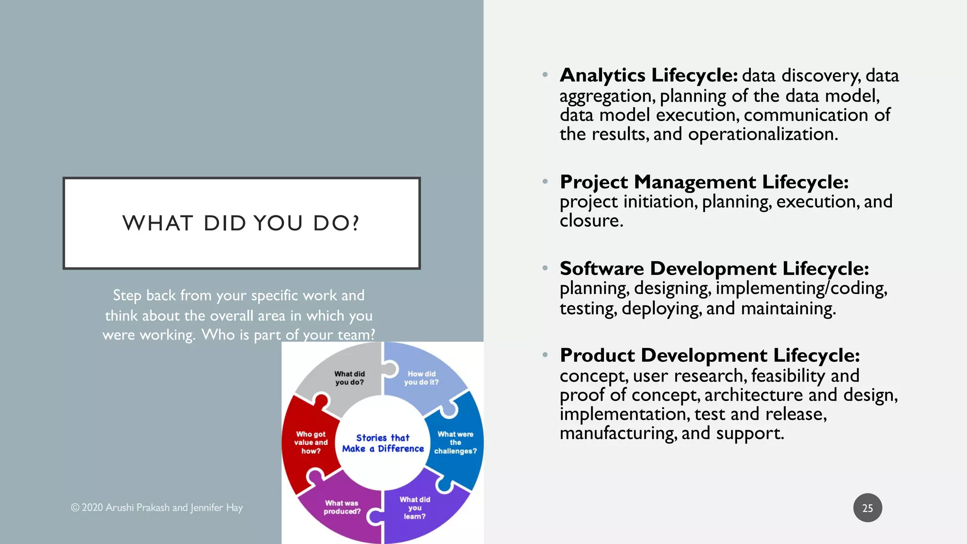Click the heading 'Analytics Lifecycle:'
tap(649, 76)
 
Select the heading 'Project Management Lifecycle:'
tap(704, 182)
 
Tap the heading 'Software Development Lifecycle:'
tap(714, 269)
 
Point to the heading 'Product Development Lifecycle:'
tap(710, 356)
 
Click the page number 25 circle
tap(867, 508)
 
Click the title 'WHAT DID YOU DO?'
tap(241, 223)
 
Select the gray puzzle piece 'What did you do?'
tap(349, 378)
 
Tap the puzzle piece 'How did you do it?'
tap(421, 378)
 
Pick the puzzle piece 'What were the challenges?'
tap(455, 442)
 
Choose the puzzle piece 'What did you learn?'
tap(415, 508)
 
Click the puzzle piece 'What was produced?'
tap(342, 507)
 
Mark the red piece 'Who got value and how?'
tap(311, 442)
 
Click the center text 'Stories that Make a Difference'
tap(383, 443)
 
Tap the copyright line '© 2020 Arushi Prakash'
tap(157, 508)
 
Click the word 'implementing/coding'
tap(801, 289)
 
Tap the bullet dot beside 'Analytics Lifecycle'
tap(545, 75)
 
